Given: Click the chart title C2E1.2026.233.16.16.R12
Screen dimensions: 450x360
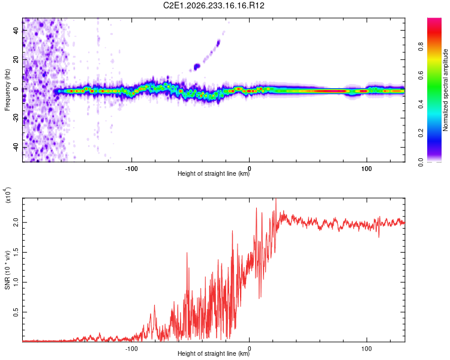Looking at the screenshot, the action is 214,5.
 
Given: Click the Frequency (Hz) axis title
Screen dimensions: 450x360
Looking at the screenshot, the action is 7,90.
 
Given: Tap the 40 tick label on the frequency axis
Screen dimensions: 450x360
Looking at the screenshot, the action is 16,30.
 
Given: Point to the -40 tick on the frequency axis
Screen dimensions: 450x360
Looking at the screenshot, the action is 16,147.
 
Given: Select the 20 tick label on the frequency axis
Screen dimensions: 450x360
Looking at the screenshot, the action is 16,59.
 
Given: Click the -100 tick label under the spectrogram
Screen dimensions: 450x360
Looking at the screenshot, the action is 131,169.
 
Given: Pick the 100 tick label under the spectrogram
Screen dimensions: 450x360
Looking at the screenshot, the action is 367,169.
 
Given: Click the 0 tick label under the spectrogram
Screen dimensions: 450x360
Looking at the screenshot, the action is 249,169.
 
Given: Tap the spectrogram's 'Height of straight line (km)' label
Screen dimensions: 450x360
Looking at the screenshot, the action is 214,173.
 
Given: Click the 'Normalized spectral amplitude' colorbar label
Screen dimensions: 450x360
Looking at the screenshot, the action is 445,90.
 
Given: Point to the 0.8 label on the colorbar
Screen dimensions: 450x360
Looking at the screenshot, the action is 421,47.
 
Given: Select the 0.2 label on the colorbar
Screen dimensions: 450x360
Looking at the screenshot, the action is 421,133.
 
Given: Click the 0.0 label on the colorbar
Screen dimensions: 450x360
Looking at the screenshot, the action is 421,162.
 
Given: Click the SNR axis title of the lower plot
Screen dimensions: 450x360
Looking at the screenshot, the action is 7,270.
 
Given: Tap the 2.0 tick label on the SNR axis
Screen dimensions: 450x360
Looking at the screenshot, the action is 16,223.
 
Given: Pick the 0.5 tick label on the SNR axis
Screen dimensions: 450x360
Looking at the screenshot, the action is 16,313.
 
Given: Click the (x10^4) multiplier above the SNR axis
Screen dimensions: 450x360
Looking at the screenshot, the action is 8,195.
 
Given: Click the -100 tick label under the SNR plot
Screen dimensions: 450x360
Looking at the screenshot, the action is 131,349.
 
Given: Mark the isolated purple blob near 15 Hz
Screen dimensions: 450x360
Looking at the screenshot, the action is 197,67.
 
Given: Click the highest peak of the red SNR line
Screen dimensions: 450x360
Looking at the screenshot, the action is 276,199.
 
